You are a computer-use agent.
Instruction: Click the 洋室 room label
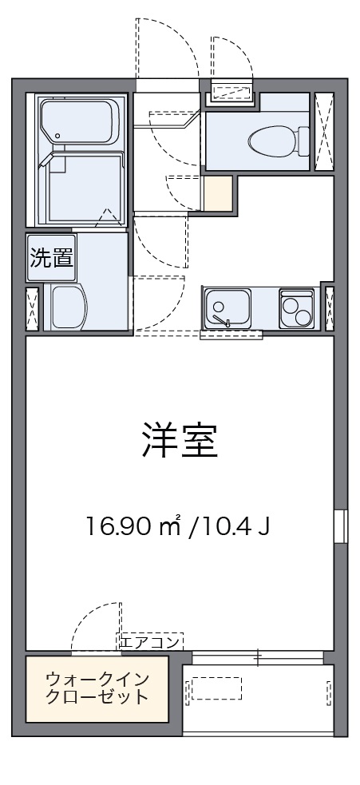[180, 442]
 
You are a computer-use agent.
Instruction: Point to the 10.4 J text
[235, 526]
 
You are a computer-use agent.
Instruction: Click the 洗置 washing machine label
[52, 259]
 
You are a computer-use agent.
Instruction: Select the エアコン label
[152, 640]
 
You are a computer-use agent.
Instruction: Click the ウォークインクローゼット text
[97, 688]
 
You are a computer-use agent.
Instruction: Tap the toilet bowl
[275, 142]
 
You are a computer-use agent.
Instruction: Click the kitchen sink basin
[227, 308]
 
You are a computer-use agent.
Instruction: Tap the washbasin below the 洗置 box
[68, 307]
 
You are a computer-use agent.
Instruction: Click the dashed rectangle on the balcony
[213, 688]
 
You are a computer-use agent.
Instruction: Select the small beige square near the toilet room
[217, 192]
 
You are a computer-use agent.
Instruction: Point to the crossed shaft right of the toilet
[323, 132]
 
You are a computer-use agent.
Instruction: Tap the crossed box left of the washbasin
[32, 307]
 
